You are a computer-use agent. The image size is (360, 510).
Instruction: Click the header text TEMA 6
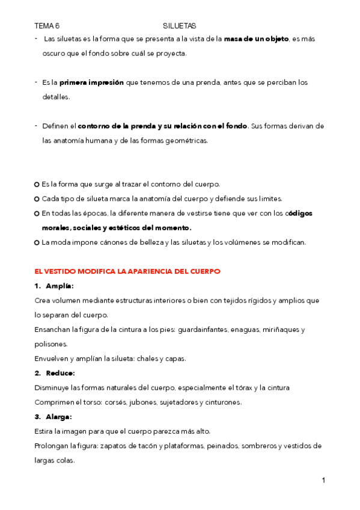point(47,26)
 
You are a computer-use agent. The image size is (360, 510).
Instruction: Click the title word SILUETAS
point(179,26)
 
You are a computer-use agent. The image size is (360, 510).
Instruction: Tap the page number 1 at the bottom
point(323,480)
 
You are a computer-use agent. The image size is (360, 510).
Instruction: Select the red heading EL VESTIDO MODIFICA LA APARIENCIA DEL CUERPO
point(127,271)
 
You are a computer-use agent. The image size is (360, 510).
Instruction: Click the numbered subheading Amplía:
point(59,286)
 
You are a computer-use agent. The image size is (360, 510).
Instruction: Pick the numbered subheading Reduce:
point(59,373)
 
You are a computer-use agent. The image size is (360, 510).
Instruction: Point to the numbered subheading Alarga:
point(58,417)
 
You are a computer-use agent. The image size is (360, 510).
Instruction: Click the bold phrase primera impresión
point(91,82)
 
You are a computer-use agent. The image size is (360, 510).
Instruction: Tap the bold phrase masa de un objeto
point(256,38)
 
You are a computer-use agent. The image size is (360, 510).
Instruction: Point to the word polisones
point(50,344)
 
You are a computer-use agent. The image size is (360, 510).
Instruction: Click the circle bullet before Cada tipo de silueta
point(37,199)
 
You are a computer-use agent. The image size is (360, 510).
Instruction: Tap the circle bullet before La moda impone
point(37,242)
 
